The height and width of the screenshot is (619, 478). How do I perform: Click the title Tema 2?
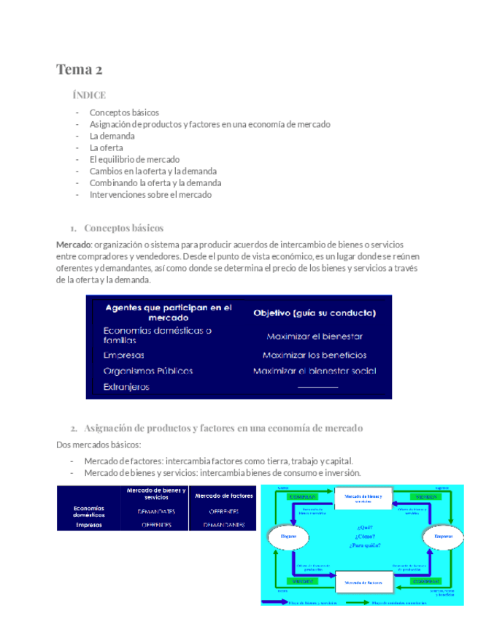79,70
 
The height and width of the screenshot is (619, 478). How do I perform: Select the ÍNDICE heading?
89,96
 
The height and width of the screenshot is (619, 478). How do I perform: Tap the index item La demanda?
112,136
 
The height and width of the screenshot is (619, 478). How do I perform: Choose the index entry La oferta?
106,147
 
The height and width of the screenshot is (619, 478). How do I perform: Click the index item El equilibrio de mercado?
134,159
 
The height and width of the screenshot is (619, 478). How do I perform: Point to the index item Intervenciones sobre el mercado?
150,195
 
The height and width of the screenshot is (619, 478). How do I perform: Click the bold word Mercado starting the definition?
74,244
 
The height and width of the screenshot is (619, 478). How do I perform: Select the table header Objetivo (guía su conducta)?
315,313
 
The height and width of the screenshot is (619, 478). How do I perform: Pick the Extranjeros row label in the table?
126,387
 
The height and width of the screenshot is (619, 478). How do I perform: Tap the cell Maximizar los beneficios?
315,355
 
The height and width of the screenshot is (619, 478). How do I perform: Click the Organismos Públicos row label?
148,371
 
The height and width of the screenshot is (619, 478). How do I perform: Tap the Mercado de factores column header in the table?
224,496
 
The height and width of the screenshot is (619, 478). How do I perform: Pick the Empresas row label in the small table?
88,524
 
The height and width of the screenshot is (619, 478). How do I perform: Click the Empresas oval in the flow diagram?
443,537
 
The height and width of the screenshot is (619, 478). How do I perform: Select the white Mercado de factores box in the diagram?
365,581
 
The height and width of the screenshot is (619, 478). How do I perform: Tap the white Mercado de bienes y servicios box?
365,498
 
